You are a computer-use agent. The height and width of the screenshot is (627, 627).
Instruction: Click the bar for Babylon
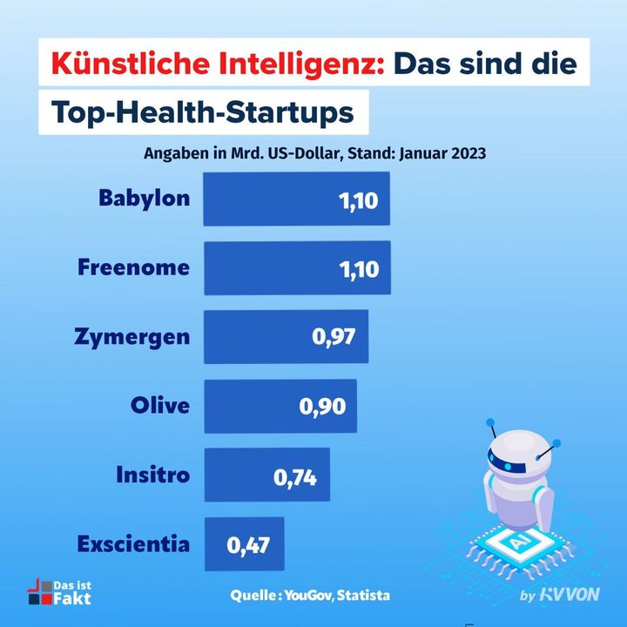pos(296,199)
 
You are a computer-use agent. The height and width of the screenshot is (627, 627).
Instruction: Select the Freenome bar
pos(296,268)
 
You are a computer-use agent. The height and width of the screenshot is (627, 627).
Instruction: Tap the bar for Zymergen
pos(286,336)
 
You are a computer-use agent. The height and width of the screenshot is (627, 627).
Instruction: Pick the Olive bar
pos(280,406)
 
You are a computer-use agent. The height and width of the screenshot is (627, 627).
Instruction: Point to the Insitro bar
pos(266,475)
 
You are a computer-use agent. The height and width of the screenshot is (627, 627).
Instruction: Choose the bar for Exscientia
pos(243,544)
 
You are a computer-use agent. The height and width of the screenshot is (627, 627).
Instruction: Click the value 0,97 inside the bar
pos(334,338)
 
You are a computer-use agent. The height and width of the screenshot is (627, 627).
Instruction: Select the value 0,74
pos(295,476)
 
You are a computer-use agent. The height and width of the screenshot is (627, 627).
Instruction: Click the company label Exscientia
pos(132,544)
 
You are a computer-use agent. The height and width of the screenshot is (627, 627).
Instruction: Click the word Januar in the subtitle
pos(420,153)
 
